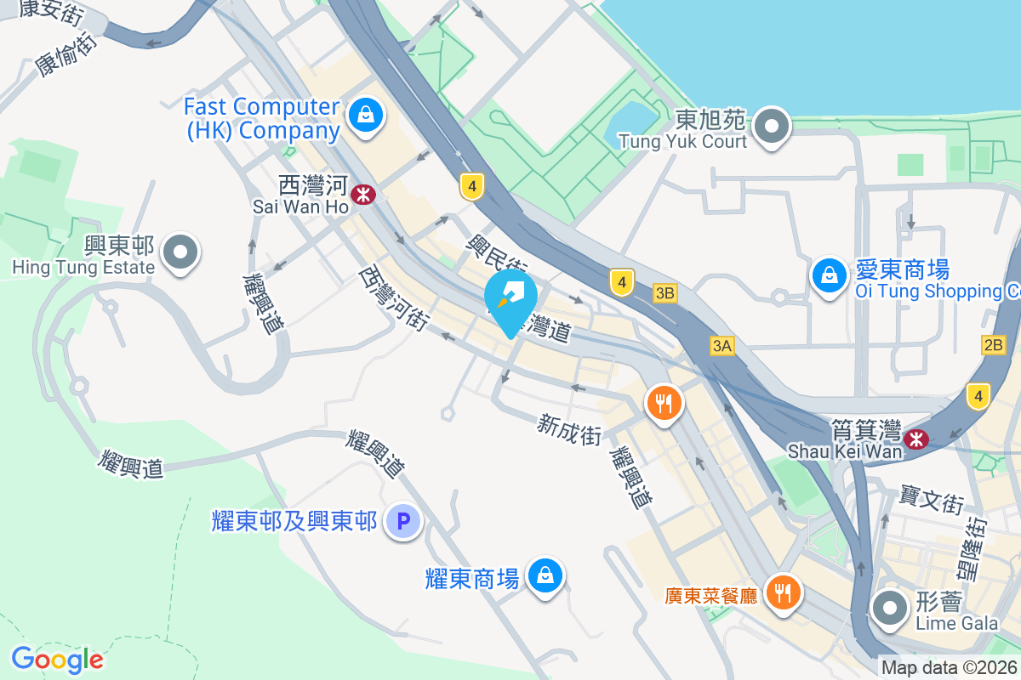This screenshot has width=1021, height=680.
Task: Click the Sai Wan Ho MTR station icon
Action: [364, 194]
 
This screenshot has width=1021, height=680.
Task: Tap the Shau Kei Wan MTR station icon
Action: [916, 439]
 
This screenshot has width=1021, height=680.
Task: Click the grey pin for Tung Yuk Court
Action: [772, 127]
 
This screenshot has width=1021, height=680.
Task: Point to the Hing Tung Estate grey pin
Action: [180, 252]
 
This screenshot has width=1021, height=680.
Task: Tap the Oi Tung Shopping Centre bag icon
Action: [827, 275]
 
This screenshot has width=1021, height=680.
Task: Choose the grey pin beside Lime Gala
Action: [891, 609]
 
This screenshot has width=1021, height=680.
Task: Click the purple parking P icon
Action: [403, 521]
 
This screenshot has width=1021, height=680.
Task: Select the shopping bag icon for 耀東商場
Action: [543, 576]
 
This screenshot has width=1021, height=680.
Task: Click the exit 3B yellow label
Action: [665, 293]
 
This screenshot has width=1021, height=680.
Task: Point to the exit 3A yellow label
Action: [722, 345]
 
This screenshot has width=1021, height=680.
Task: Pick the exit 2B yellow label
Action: [993, 345]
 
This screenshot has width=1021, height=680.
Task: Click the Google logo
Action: [57, 659]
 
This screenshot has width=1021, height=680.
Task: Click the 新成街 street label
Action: [569, 428]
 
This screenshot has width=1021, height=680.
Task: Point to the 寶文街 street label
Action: [932, 500]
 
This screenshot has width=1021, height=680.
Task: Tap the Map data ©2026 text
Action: [950, 668]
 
